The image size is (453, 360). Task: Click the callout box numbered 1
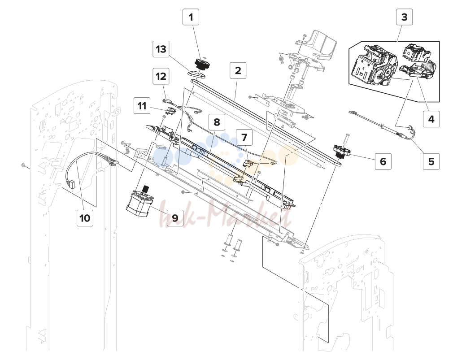[x=191, y=17]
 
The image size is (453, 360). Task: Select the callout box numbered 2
[x=238, y=70]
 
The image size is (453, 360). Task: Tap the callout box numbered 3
[x=404, y=17]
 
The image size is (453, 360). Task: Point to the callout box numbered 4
[x=431, y=119]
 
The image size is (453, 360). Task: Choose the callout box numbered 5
[x=431, y=161]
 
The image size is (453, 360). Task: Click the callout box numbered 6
[x=383, y=161]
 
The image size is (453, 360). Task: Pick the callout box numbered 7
[x=244, y=137]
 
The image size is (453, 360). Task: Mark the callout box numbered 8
[x=217, y=122]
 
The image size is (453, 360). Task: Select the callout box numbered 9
[x=175, y=218]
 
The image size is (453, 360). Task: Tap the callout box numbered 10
[x=85, y=218]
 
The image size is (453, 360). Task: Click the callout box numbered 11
[x=142, y=106]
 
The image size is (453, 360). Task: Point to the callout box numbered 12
[x=161, y=76]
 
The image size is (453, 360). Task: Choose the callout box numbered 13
[x=161, y=49]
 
